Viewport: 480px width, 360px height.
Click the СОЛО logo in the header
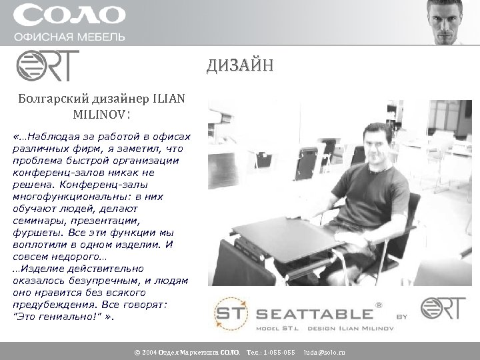69,15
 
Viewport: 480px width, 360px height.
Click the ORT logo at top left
47,65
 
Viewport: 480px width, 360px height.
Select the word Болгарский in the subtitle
49,99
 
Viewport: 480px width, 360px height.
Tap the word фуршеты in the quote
33,233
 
